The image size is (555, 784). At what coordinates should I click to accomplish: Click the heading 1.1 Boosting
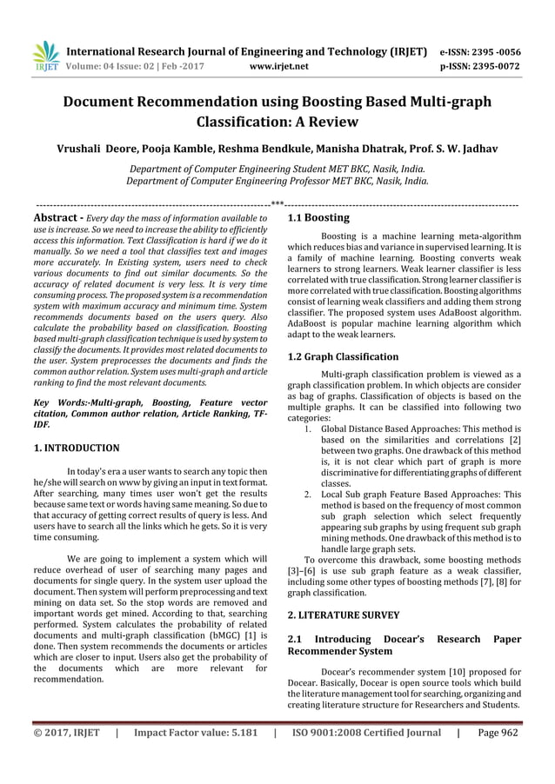click(318, 217)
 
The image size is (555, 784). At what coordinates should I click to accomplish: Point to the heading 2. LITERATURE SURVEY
click(346, 615)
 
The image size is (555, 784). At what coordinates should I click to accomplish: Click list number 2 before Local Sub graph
click(309, 494)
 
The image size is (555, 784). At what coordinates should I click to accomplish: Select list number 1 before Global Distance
click(309, 429)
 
